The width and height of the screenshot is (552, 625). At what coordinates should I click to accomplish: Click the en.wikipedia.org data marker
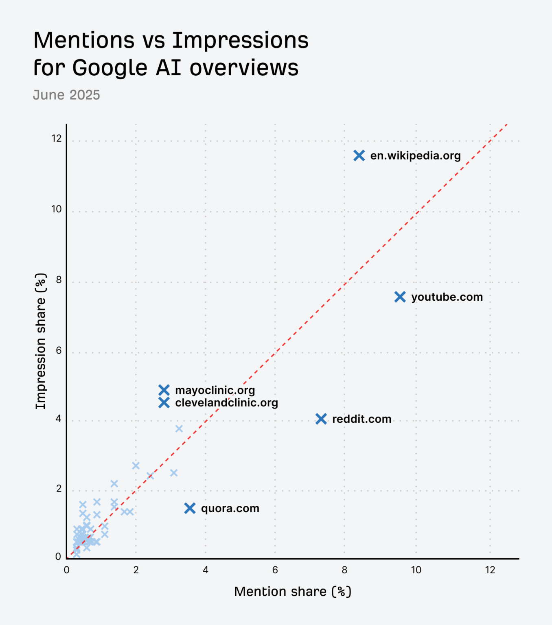359,155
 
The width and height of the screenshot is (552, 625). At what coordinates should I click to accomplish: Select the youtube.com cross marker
400,297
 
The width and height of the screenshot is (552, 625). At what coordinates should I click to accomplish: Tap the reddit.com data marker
321,419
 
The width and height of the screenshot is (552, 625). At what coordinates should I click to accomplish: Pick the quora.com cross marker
190,508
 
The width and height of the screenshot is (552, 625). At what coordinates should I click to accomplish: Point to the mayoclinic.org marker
164,390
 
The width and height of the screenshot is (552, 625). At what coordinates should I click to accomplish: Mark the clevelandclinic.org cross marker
164,403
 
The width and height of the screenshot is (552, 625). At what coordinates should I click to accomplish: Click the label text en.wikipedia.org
415,155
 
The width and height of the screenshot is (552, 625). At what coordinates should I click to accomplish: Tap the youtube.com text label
447,297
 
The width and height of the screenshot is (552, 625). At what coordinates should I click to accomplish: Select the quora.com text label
230,508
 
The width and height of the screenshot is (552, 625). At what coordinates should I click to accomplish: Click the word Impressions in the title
240,40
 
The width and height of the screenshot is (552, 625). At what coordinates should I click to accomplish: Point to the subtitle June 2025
66,95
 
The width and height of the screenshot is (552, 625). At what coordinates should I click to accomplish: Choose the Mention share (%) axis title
292,591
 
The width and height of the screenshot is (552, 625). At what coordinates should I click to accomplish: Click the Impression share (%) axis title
41,341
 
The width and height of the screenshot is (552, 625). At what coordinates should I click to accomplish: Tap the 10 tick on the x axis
416,570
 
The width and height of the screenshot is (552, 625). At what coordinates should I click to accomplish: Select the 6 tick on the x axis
275,570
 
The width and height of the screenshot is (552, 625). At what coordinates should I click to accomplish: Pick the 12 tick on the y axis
57,138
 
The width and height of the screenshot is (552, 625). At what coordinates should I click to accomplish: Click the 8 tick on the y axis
59,280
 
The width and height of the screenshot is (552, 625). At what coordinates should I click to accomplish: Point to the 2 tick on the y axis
59,488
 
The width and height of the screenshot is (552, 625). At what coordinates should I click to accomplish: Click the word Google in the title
110,68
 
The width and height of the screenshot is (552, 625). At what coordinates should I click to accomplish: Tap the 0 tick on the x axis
67,570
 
